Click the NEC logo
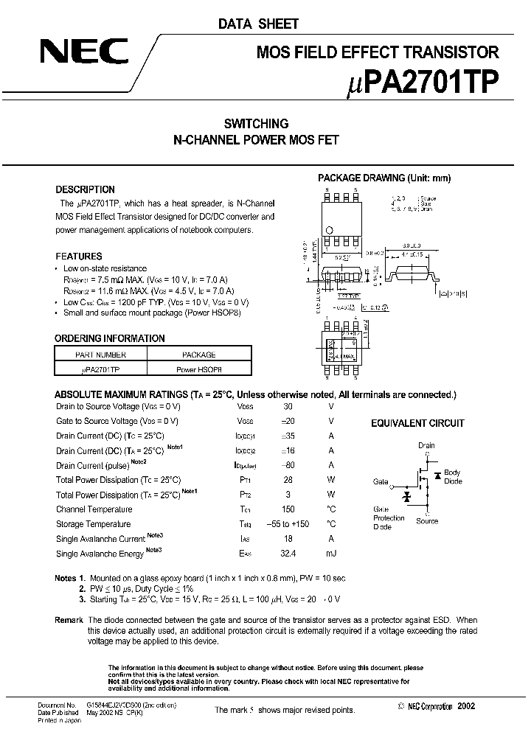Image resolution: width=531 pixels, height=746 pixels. [x=84, y=53]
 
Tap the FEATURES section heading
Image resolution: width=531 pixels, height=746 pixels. [x=79, y=256]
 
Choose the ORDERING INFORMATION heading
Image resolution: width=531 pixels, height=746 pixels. [x=110, y=338]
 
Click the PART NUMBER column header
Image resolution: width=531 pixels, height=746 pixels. [x=102, y=355]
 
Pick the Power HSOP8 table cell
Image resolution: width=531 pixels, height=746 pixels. [x=198, y=369]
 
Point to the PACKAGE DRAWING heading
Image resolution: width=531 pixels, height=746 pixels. [x=383, y=178]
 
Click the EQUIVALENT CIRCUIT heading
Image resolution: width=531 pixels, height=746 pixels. [x=417, y=423]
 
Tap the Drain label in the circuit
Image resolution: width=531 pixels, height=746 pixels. [x=426, y=445]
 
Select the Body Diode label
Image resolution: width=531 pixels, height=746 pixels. [x=452, y=476]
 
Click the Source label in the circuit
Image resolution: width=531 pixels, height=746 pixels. [x=426, y=521]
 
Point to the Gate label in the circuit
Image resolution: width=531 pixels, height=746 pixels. [x=381, y=481]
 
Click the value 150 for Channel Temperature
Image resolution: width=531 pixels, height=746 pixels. [x=288, y=509]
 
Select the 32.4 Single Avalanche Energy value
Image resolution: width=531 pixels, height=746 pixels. [x=288, y=554]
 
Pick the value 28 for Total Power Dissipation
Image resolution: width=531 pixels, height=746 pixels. [x=288, y=480]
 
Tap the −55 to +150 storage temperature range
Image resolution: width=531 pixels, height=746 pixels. [x=288, y=524]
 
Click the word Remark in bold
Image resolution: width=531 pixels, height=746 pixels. [x=69, y=621]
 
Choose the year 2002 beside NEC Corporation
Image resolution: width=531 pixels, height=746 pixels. [x=466, y=706]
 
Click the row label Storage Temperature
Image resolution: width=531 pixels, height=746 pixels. [x=94, y=524]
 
